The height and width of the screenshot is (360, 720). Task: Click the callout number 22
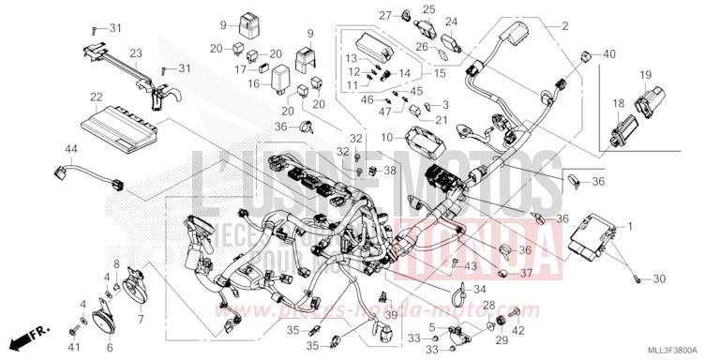[x=95, y=97]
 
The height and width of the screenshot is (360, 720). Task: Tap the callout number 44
[x=71, y=150]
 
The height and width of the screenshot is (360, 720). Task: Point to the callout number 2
[x=564, y=26]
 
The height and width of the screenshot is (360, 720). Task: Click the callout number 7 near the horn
[x=141, y=292]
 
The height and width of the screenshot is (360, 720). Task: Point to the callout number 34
[x=480, y=290]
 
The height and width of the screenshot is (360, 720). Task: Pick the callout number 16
[x=253, y=83]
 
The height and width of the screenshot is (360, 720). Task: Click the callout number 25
[x=427, y=8]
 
